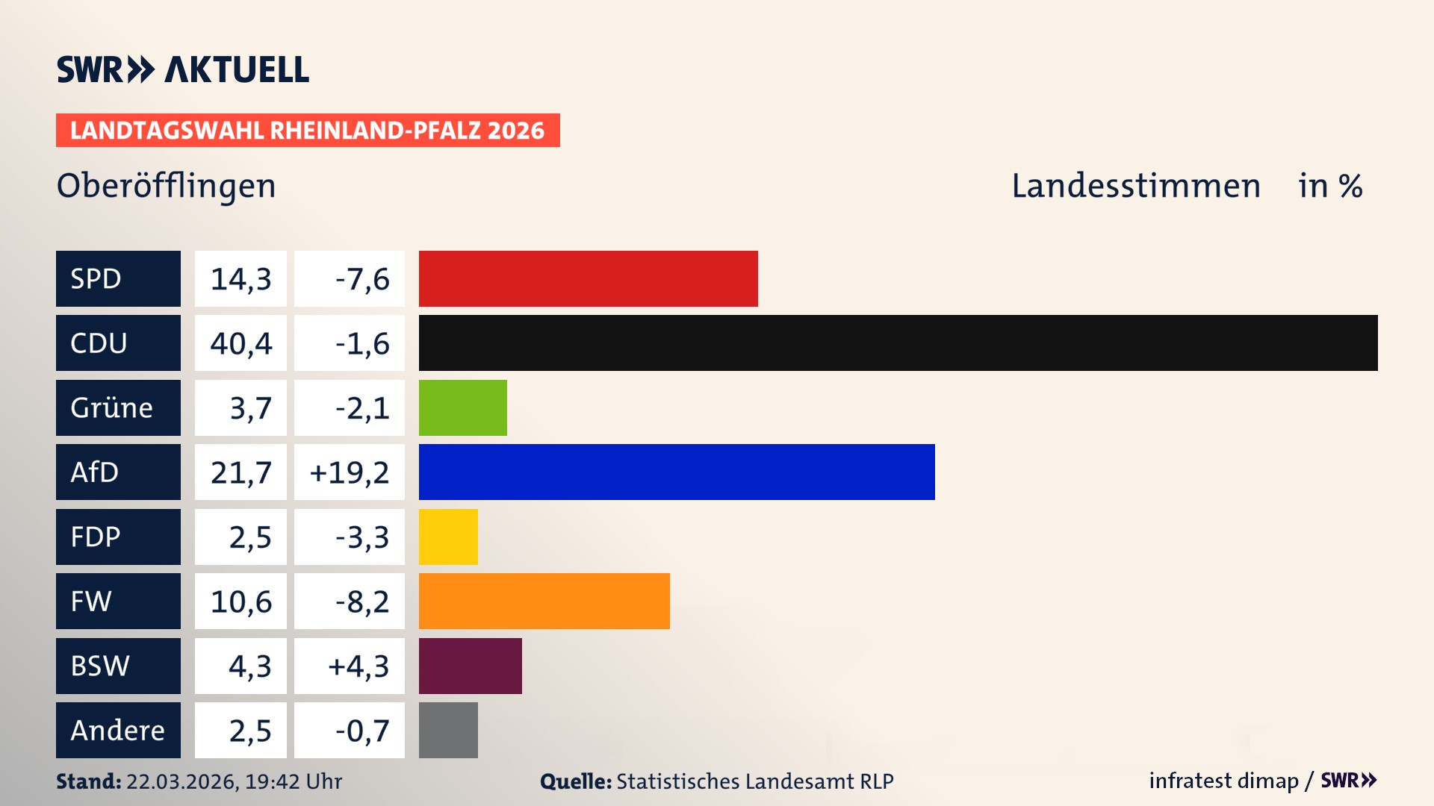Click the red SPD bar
coord(588,278)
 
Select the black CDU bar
coord(898,343)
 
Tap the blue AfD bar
coord(676,472)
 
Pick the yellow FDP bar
coord(448,537)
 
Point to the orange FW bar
coord(544,601)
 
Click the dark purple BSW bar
coord(470,666)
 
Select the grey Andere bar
coord(448,730)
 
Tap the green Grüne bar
coord(462,407)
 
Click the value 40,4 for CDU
coord(240,343)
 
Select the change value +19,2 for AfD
coord(350,472)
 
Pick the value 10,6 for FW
coord(240,602)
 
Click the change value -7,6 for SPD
coord(361,279)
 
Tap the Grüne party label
coord(112,407)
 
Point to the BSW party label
coord(100,666)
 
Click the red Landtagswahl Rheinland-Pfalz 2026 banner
coord(307,131)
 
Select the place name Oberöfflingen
coord(166,186)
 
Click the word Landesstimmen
coord(1135,186)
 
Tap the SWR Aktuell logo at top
coord(183,69)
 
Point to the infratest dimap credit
coord(1223,781)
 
